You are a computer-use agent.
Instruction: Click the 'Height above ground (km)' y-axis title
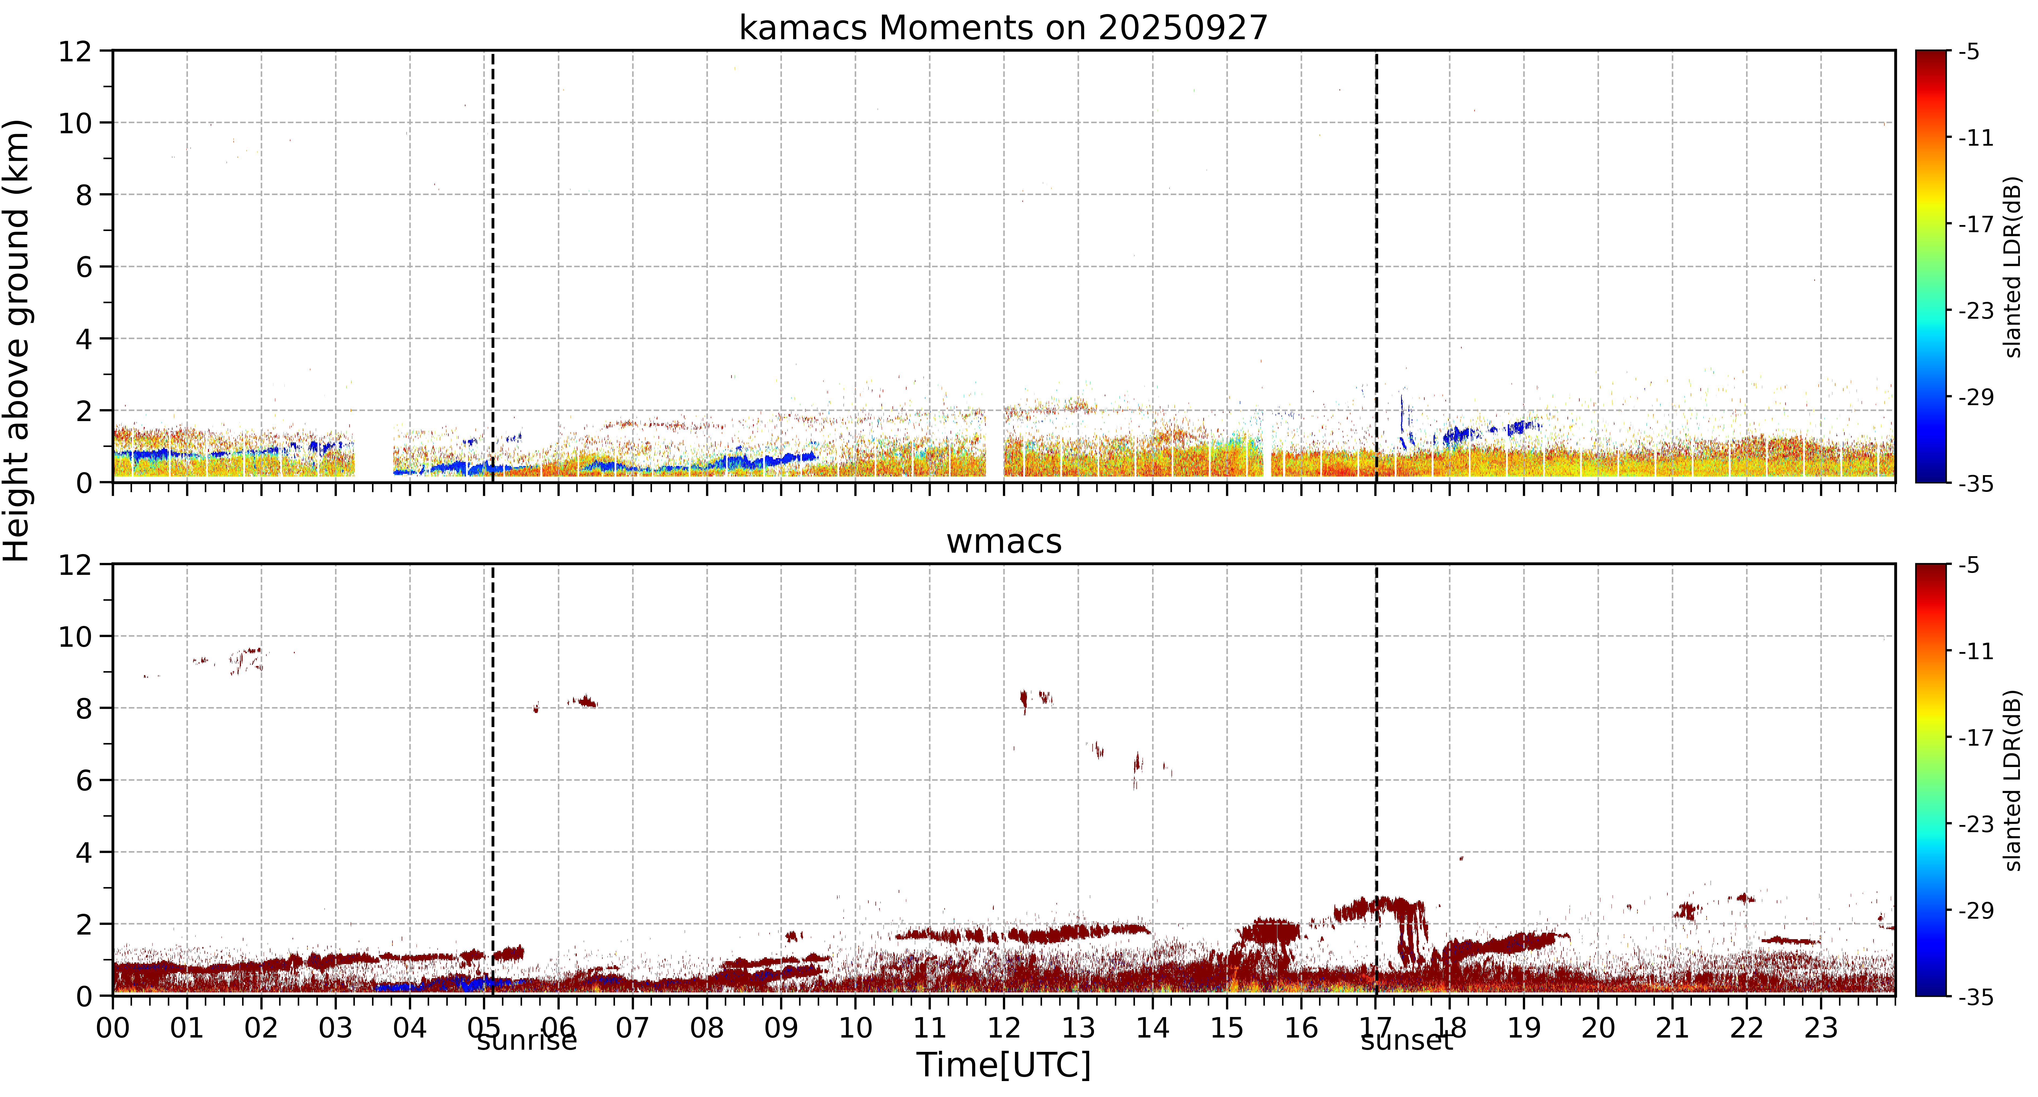click(x=17, y=340)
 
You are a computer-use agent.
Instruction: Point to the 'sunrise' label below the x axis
click(x=527, y=1041)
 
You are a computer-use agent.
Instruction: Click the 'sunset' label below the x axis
click(x=1407, y=1041)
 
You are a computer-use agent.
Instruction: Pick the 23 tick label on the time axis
click(x=1821, y=1028)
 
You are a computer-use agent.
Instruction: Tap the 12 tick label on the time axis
click(x=1004, y=1028)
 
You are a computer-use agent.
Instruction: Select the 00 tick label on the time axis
click(x=113, y=1028)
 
